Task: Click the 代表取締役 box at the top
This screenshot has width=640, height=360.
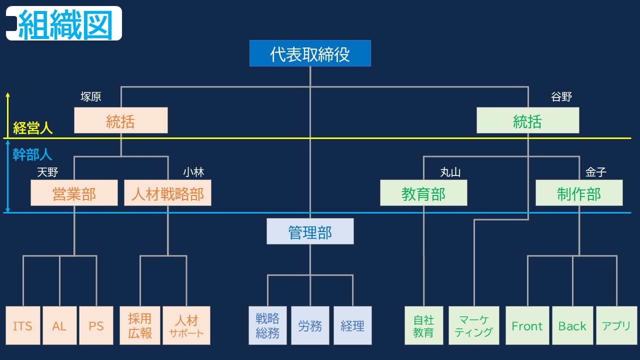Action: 310,53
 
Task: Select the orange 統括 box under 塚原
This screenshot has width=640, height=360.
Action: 120,120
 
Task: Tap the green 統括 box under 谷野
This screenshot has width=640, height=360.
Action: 527,120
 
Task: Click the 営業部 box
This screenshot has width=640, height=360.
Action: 74,193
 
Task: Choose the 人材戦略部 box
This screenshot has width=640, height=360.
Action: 167,193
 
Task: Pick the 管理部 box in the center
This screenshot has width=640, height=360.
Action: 310,231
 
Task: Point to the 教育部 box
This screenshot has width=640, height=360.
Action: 423,193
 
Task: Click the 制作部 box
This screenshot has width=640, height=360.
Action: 579,193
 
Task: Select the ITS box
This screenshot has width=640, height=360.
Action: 22,325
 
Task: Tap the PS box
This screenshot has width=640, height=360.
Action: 96,325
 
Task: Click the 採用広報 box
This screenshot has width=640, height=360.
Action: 140,325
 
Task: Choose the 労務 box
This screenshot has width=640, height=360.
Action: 310,325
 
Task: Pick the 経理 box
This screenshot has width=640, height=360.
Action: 352,325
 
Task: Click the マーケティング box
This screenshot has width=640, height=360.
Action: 473,325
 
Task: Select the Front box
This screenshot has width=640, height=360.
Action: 527,325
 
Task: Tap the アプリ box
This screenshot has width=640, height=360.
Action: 616,325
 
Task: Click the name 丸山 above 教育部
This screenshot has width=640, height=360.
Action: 450,172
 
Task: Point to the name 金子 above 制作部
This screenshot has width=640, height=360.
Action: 595,172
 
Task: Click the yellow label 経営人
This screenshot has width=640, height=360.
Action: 32,128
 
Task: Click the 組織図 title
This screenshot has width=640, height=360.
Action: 65,24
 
